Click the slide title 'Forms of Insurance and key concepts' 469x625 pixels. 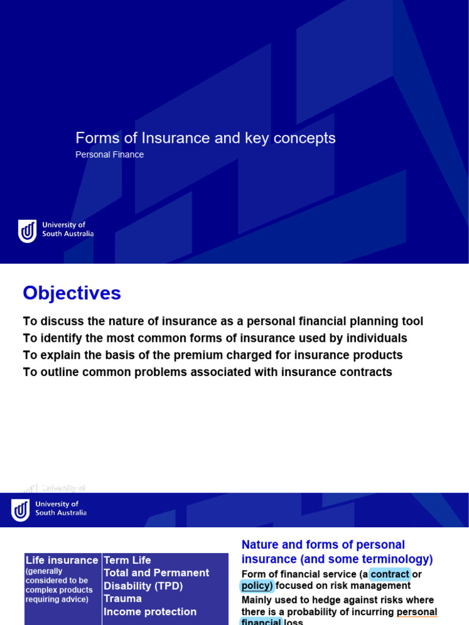click(205, 139)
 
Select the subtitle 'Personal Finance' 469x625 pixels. click(109, 155)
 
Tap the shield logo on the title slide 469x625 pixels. click(27, 231)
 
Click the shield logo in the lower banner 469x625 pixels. click(20, 510)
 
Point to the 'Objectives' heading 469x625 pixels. click(72, 294)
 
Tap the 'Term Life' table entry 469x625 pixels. click(127, 560)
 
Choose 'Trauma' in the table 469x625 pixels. click(123, 599)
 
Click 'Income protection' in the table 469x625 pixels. click(150, 612)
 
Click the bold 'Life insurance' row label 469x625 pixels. click(62, 560)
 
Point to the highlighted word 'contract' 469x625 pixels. click(390, 574)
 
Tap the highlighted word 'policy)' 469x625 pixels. click(256, 586)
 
